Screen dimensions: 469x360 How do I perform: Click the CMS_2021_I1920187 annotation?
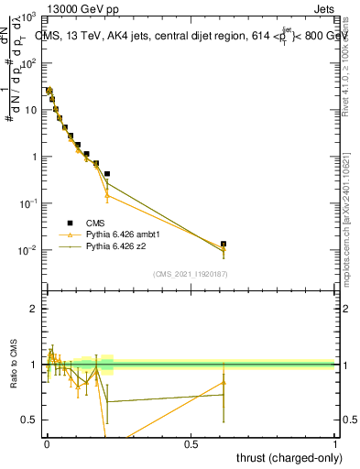[x=190, y=274]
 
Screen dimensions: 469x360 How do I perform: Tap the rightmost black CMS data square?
[x=223, y=245]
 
